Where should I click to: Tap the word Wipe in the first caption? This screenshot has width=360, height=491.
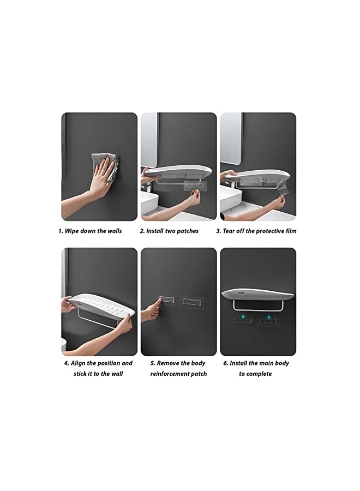(73, 231)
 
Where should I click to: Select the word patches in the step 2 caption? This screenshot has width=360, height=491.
(188, 231)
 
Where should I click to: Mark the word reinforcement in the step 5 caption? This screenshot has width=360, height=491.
(173, 374)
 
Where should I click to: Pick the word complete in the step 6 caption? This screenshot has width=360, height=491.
(259, 374)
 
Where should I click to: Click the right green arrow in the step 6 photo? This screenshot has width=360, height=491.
(268, 315)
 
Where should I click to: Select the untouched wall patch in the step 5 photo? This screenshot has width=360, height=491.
(191, 301)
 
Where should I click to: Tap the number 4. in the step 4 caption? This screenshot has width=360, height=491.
(66, 363)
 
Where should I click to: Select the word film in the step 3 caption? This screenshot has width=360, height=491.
(291, 231)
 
